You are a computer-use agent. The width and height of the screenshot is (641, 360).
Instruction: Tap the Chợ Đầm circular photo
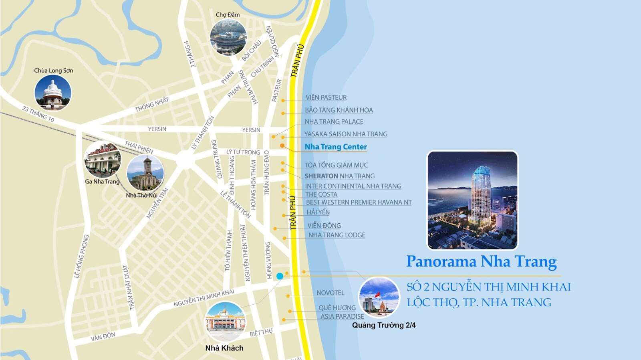[x=228, y=37]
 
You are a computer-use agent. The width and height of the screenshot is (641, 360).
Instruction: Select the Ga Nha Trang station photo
[x=103, y=160]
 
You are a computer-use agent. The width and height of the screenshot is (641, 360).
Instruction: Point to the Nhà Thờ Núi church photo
[x=145, y=173]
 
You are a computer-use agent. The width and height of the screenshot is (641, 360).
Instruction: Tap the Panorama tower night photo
[x=472, y=200]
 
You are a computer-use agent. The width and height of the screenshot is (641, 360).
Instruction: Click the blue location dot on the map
[x=280, y=276]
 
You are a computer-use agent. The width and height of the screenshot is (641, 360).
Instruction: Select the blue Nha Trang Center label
[x=336, y=147]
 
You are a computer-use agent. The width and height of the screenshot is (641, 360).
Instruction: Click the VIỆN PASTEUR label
[x=326, y=97]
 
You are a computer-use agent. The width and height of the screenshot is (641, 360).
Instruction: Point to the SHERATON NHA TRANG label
[x=339, y=176]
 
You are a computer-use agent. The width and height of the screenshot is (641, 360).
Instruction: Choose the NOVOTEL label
[x=330, y=293]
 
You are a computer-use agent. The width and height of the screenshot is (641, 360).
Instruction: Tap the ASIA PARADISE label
[x=342, y=316]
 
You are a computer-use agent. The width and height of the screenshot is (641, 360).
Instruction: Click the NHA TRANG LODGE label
[x=337, y=235]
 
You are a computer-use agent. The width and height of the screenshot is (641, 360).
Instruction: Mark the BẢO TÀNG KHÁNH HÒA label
[x=339, y=110]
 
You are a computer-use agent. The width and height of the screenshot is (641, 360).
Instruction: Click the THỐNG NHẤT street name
[x=152, y=105]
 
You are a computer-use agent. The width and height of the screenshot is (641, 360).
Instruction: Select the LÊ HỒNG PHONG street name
[x=81, y=257]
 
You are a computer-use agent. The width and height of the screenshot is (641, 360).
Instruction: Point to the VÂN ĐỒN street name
[x=103, y=337]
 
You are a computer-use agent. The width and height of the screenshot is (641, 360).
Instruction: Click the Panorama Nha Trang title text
[x=481, y=262]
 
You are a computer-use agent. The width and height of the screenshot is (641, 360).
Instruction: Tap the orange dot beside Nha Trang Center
[x=282, y=146]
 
